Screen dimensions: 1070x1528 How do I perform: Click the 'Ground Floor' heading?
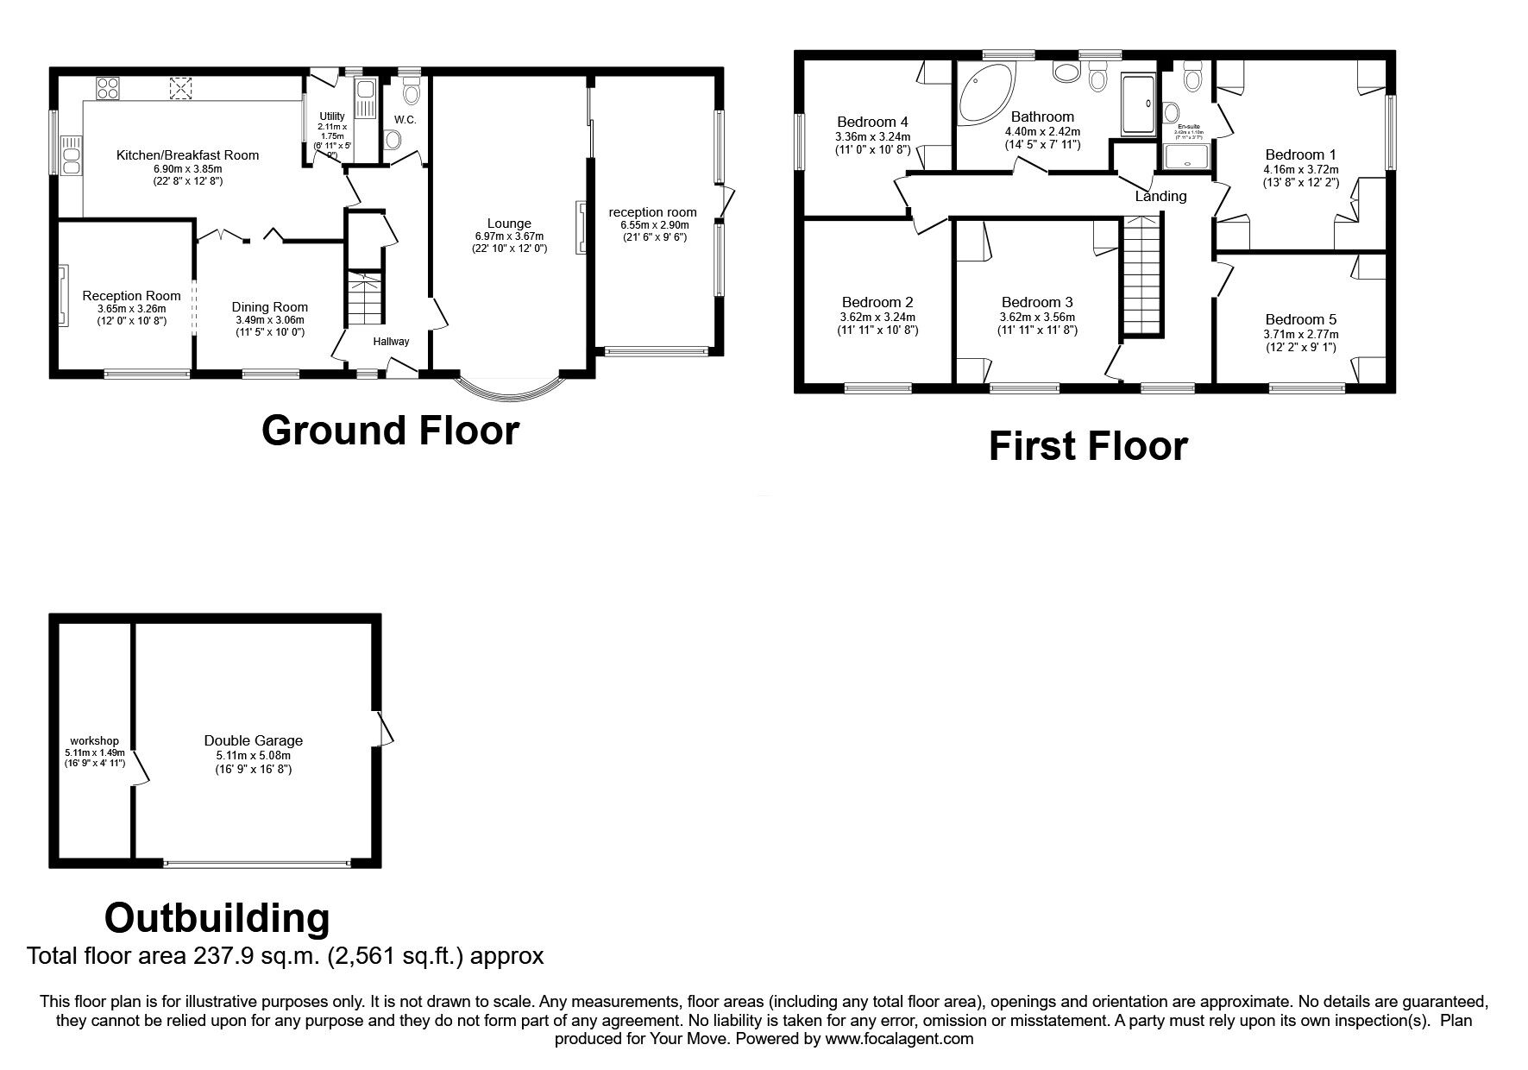[390, 430]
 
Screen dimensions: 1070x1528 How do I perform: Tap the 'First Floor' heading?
[1087, 446]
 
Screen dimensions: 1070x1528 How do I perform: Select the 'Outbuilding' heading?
[217, 918]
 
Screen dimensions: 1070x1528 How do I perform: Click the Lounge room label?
[509, 223]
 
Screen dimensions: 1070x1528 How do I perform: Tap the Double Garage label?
[254, 740]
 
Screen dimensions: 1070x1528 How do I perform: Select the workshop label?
[95, 741]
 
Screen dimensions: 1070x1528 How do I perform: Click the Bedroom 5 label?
[1300, 319]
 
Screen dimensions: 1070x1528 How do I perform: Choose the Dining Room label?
[269, 307]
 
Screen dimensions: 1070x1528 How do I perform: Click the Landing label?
[1160, 196]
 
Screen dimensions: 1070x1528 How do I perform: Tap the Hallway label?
[391, 342]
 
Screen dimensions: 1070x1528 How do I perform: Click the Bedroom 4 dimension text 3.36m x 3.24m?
[872, 136]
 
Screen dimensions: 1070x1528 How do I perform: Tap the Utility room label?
[332, 116]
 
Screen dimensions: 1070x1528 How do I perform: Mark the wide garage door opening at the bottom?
[256, 862]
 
